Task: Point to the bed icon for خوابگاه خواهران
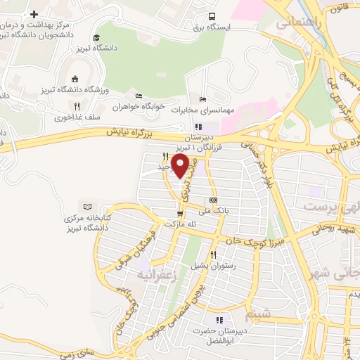tap(139, 96)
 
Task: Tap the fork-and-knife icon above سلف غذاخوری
tap(77, 106)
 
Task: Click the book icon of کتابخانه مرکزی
tap(87, 207)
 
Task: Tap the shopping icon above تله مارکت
tap(180, 213)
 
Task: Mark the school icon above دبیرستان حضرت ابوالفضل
tap(219, 320)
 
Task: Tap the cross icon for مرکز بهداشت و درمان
tap(34, 14)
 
